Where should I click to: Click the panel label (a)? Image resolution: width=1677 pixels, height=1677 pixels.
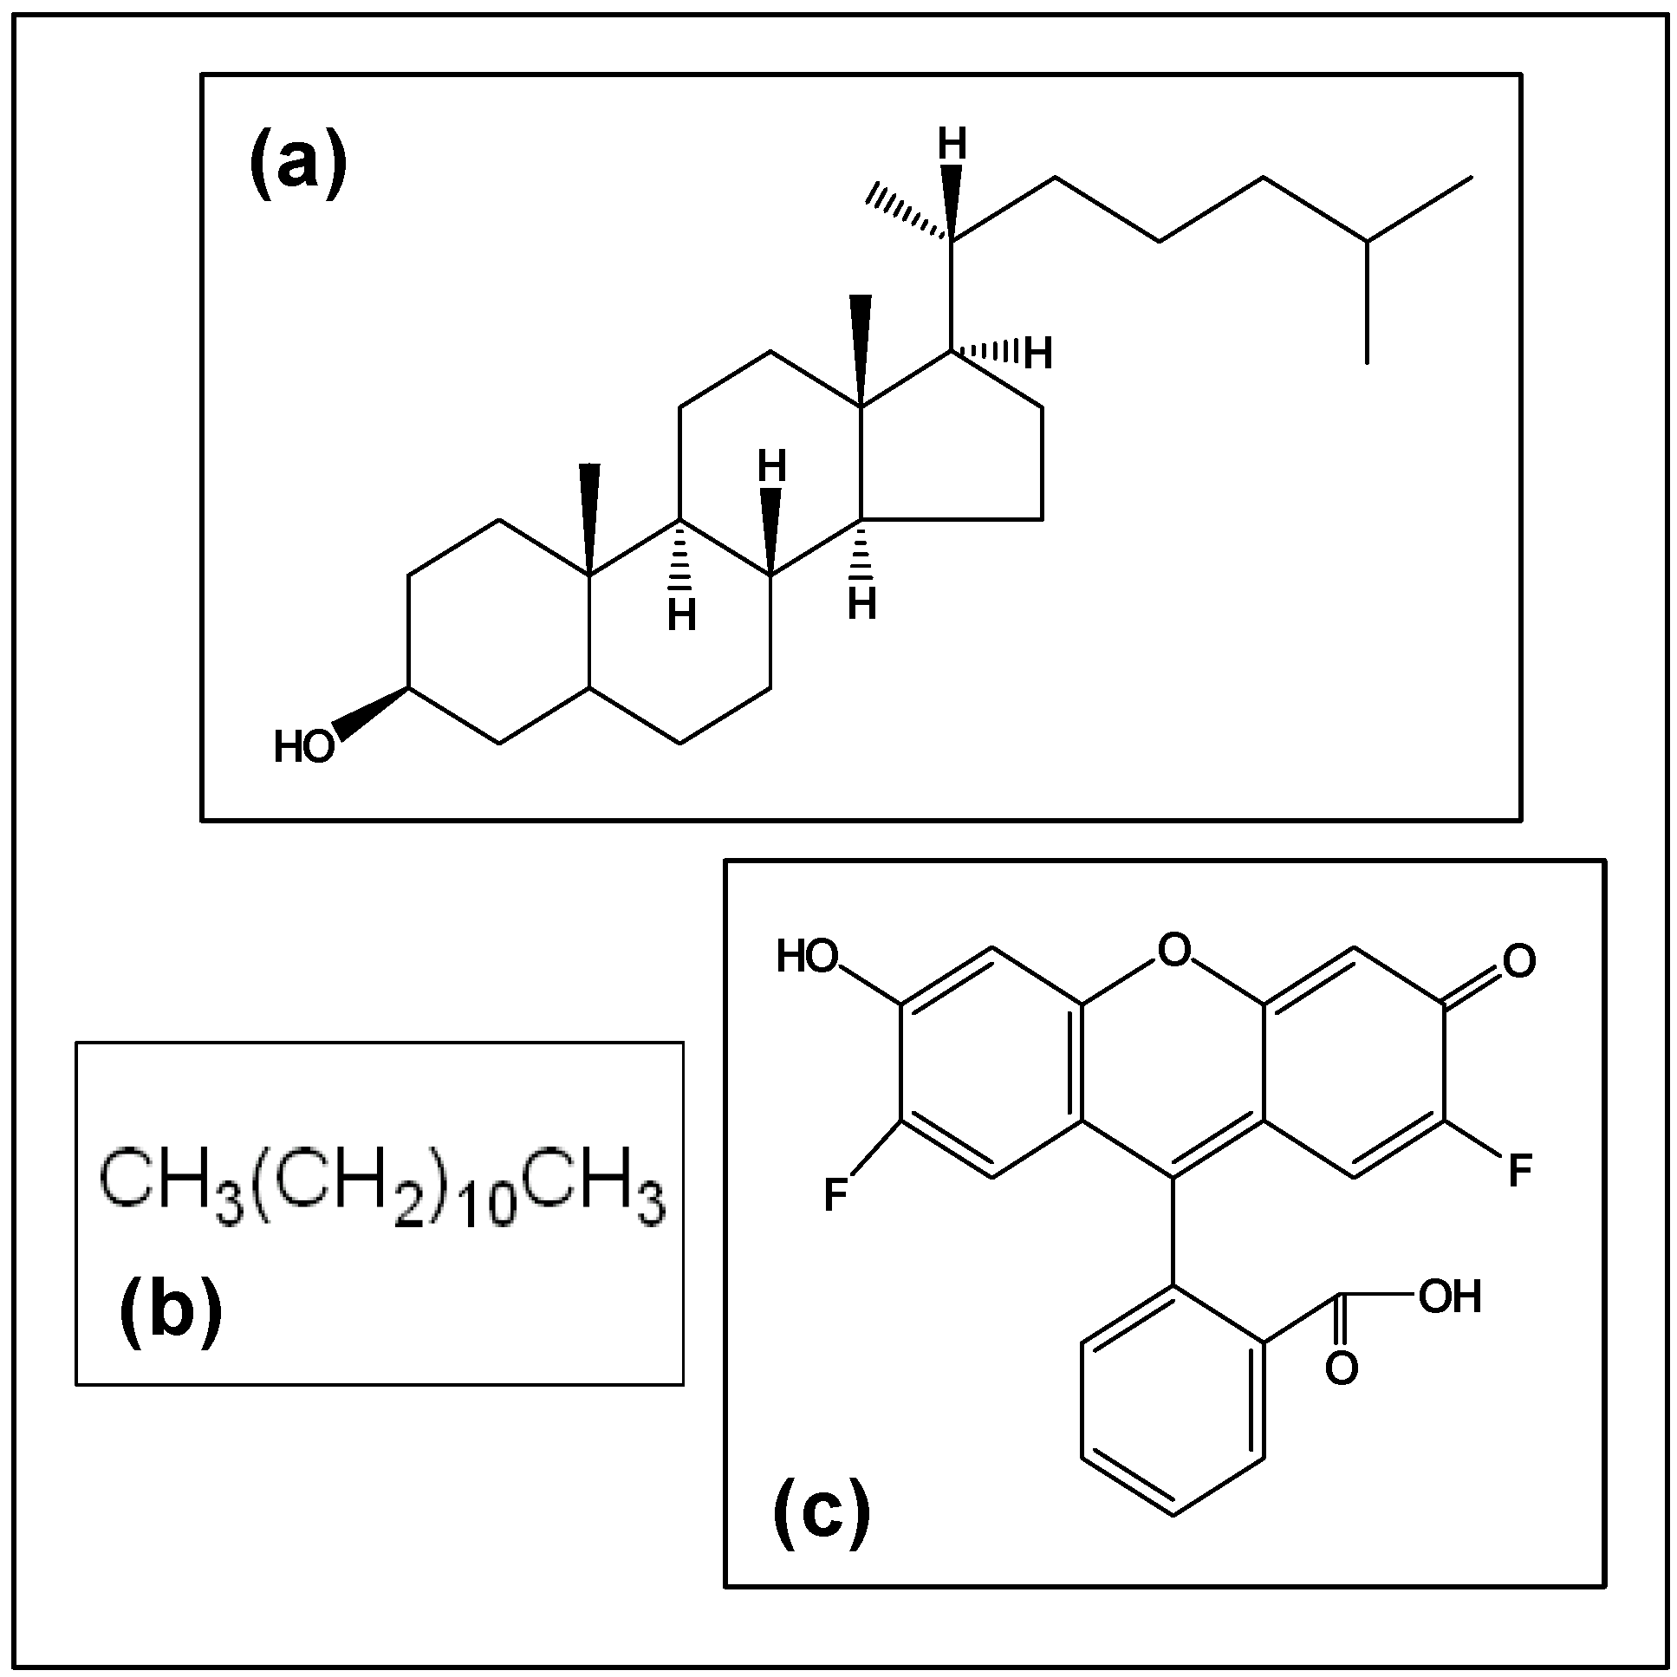298,161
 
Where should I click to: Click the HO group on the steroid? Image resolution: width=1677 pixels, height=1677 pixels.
304,746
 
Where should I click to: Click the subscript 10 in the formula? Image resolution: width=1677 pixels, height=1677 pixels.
489,1208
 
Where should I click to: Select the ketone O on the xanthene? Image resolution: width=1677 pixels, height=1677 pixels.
1519,961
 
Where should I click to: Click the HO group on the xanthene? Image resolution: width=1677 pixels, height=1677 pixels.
807,958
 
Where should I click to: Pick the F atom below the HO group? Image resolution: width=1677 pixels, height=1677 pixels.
835,1195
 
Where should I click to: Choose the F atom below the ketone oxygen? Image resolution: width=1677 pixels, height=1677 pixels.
1520,1171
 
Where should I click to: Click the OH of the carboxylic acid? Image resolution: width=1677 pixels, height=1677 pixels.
1450,1297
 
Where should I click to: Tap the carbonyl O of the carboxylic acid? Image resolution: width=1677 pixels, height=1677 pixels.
1341,1368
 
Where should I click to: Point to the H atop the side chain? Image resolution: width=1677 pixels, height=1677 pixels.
952,145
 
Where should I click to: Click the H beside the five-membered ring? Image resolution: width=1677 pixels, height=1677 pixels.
1038,354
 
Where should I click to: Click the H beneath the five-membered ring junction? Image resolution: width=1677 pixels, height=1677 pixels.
862,604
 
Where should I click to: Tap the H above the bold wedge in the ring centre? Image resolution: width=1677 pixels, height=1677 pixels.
771,467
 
